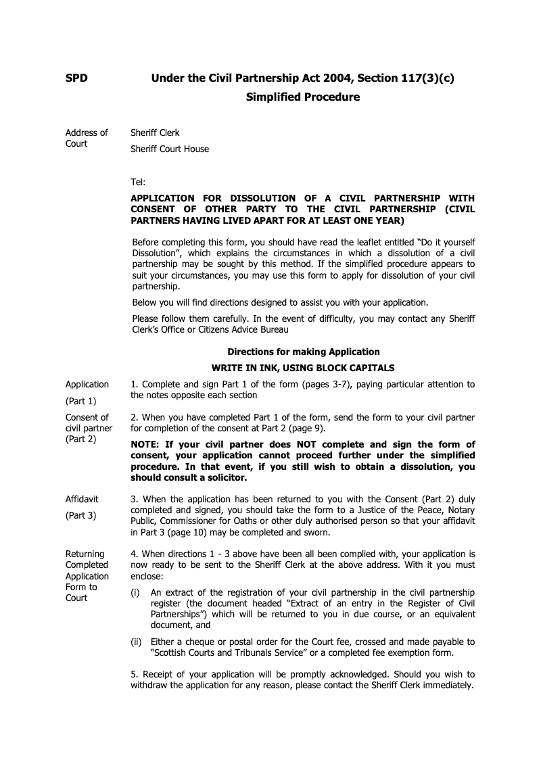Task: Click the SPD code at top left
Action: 76,78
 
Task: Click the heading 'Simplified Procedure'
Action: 302,97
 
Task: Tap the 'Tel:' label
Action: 137,182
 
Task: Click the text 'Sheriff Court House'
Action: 170,149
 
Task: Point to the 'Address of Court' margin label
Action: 86,138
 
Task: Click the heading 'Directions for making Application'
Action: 303,352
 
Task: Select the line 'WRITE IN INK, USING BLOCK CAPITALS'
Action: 303,368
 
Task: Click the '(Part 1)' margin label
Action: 80,401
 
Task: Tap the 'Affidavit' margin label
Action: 82,499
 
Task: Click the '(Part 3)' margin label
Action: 80,515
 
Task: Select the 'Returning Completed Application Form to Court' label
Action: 87,575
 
